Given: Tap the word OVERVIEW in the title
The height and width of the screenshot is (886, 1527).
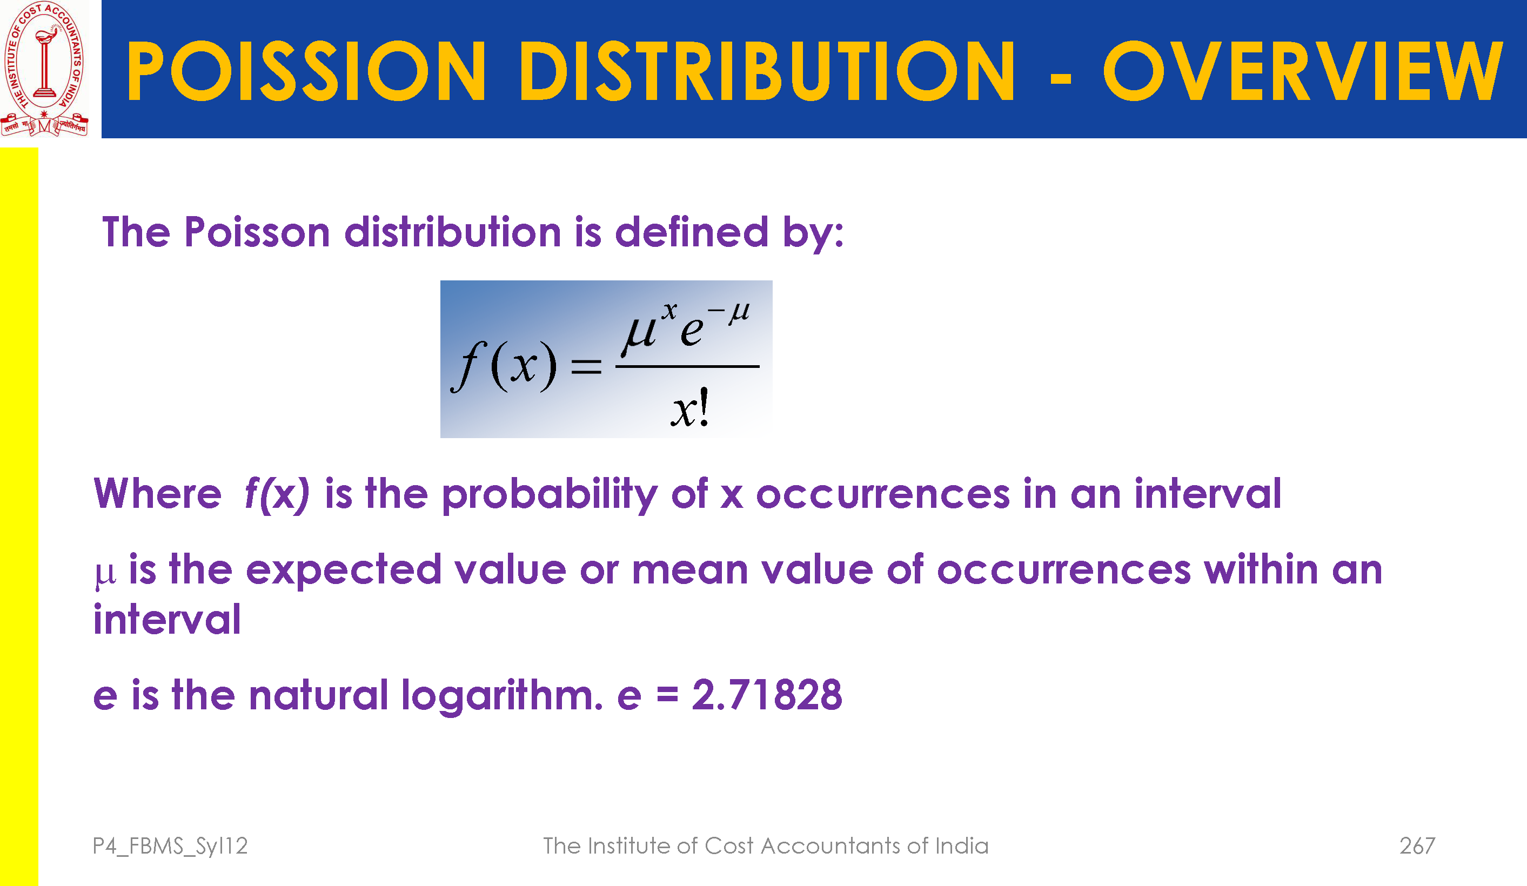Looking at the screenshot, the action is click(1303, 70).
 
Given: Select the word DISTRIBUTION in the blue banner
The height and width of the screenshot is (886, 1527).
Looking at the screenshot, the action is click(767, 70).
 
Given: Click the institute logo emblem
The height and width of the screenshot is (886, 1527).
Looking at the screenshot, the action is click(44, 69).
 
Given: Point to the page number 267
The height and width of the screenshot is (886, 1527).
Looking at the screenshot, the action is click(1417, 845).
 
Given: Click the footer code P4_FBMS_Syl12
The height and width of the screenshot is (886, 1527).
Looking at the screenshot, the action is click(170, 846).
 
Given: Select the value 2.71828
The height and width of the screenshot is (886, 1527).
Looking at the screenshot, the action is click(767, 695).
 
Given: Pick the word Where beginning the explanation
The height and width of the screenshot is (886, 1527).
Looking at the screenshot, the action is click(158, 493).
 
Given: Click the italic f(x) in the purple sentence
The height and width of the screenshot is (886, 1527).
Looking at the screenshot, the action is click(277, 494).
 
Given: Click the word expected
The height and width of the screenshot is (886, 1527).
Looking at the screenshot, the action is click(344, 571).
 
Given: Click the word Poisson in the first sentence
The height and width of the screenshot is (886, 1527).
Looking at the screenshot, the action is click(257, 232).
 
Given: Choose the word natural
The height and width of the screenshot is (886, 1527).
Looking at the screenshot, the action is click(318, 695).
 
